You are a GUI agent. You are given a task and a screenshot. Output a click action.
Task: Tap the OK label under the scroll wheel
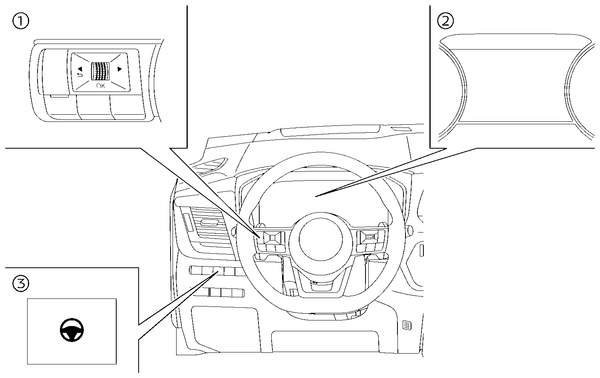(100, 86)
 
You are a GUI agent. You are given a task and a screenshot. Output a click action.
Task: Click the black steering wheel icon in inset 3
(72, 330)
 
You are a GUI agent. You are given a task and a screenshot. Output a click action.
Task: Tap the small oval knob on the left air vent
(210, 222)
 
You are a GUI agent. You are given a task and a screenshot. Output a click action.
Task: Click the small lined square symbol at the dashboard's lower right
(407, 325)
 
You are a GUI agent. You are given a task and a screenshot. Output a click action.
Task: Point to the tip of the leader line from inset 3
(218, 272)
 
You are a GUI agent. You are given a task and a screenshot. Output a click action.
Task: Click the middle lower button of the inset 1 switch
(94, 107)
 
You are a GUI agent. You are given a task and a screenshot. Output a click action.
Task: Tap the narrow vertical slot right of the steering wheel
(421, 251)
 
